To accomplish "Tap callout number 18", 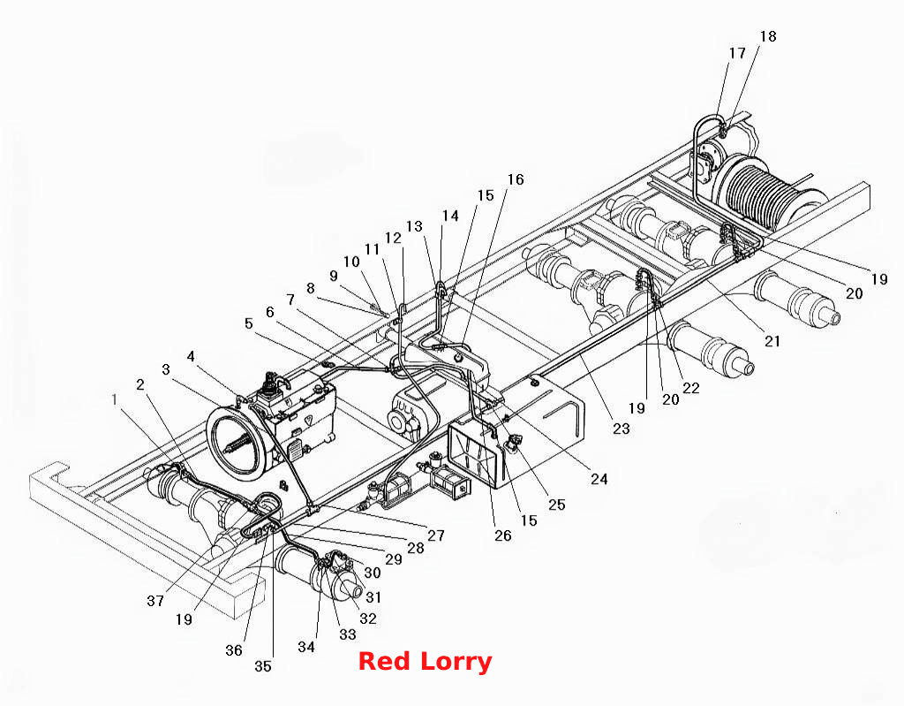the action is (768, 36).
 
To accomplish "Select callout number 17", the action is (737, 53).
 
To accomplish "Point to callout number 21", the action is (772, 341).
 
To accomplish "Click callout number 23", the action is (621, 429).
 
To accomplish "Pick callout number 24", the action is (599, 479).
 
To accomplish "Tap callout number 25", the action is (556, 505).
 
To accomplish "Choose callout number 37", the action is (155, 601).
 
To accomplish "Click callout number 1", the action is (115, 399).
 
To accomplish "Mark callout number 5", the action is (248, 323).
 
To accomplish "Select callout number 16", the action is (516, 179).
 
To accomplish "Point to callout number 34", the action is (306, 647).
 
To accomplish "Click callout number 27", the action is (436, 535).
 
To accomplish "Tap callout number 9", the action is (333, 276).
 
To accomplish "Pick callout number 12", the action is (393, 238).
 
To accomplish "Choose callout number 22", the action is (690, 388).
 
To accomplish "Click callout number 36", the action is (233, 650).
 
